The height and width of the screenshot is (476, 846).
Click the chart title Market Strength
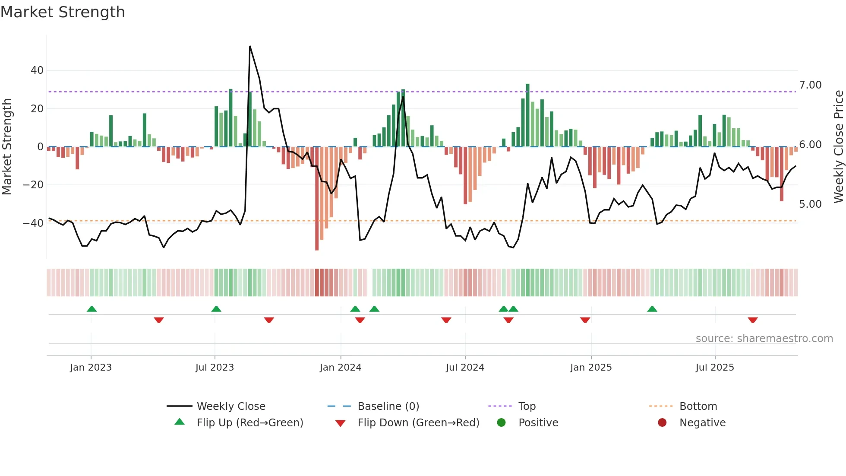[x=63, y=12]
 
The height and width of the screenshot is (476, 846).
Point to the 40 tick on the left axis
[x=37, y=70]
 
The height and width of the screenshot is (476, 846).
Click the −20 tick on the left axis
[x=33, y=185]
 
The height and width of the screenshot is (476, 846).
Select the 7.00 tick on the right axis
[x=810, y=85]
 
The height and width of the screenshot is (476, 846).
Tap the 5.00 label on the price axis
[x=810, y=204]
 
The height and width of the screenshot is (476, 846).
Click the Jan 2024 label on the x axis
[x=340, y=368]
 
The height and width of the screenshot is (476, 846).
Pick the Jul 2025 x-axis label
[x=714, y=368]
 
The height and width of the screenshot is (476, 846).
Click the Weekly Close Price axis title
[x=838, y=147]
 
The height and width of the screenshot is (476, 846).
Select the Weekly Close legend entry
[x=230, y=406]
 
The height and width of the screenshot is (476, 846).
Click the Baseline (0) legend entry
[x=388, y=406]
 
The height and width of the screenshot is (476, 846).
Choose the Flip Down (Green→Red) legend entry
[x=418, y=423]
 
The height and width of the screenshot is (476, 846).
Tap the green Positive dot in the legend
[x=501, y=423]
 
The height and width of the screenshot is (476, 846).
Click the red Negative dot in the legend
[x=662, y=423]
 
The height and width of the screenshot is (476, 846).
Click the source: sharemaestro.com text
[x=764, y=339]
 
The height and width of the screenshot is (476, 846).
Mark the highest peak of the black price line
[x=250, y=46]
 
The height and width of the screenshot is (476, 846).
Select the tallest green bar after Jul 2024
[x=527, y=114]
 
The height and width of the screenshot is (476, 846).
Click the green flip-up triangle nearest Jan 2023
[x=92, y=309]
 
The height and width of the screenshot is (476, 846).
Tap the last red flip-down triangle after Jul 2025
[x=753, y=320]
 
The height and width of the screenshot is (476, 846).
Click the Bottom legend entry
[x=698, y=406]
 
